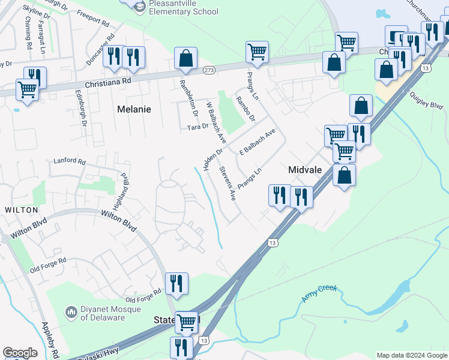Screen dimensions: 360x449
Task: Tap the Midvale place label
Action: click(305, 170)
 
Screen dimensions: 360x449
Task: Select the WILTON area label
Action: click(21, 210)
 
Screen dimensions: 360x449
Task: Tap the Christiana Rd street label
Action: click(107, 82)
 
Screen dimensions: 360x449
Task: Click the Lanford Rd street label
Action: click(70, 161)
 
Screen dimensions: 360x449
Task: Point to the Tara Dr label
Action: click(197, 127)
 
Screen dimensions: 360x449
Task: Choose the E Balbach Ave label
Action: click(257, 142)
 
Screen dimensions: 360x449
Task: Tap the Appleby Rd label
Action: click(48, 336)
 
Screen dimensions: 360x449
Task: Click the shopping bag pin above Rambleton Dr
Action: click(186, 59)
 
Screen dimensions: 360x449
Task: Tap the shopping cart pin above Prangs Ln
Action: click(257, 52)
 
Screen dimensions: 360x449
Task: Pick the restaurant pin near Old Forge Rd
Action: click(176, 284)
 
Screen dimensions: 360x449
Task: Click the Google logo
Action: click(20, 353)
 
